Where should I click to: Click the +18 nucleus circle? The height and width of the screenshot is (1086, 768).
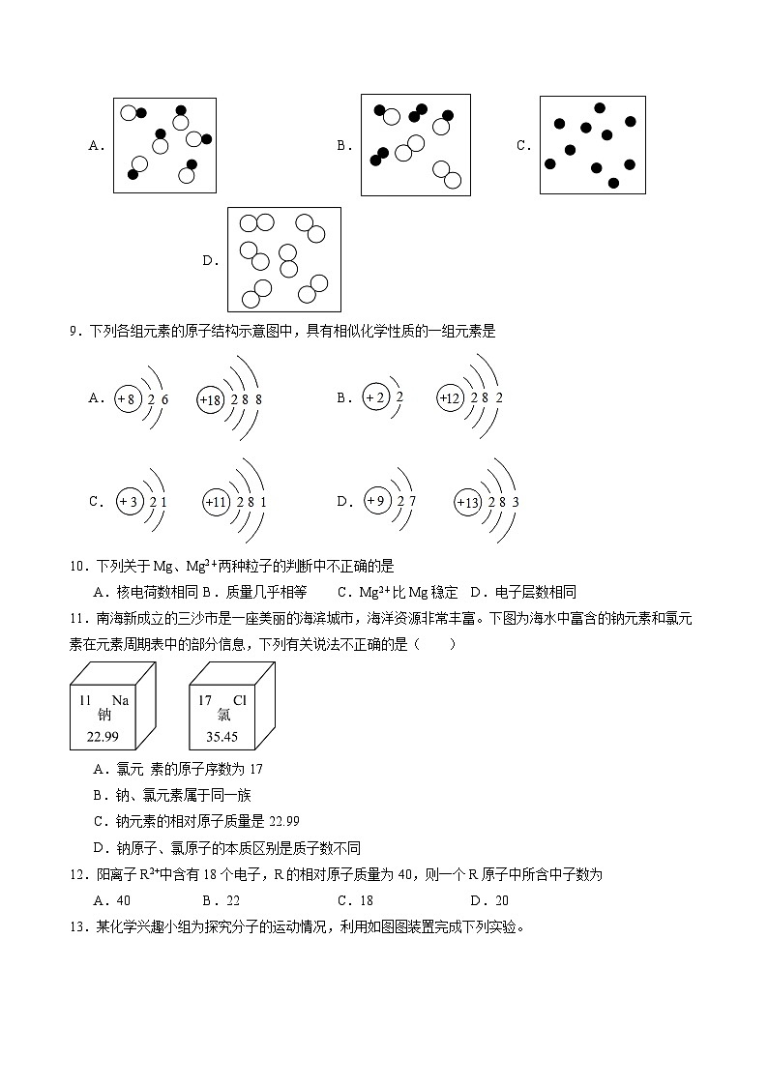point(211,399)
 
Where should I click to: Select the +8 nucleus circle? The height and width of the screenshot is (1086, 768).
point(129,398)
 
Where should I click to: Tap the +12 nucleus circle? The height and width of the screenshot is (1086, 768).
point(450,398)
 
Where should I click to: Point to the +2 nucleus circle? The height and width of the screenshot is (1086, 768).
point(376,397)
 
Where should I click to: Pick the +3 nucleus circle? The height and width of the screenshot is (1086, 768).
point(130,502)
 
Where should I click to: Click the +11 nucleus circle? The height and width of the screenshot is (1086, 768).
point(217,503)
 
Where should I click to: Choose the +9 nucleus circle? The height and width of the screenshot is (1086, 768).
point(376,501)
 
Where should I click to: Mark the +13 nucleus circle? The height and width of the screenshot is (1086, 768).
point(468,503)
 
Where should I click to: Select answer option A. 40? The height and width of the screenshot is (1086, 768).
point(104,899)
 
